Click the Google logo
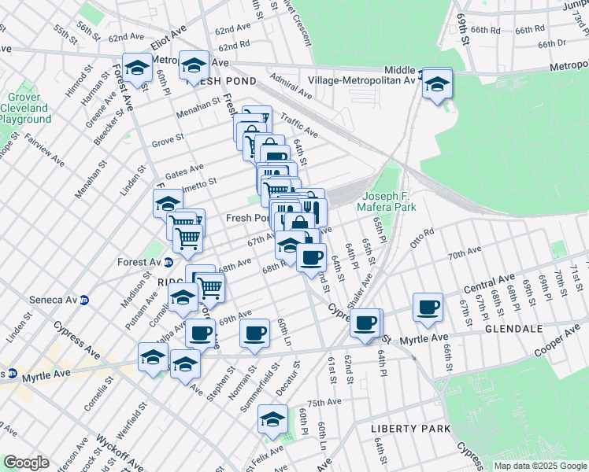[27, 463]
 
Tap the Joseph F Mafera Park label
[387, 202]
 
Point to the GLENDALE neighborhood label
[512, 328]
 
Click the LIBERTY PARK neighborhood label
[411, 428]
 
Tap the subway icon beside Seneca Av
[84, 300]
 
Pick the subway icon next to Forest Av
[168, 263]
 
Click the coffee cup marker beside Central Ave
[428, 307]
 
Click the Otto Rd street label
[421, 237]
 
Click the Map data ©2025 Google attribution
[540, 466]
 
